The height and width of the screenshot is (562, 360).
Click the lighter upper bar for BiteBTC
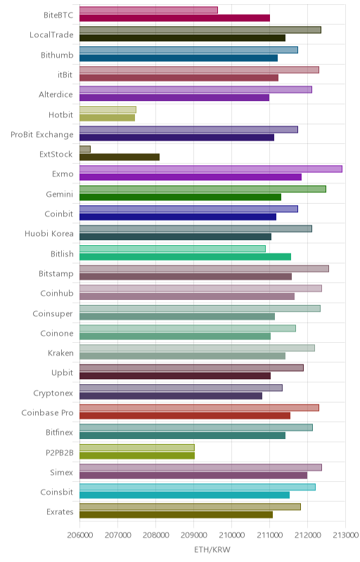[x=148, y=10]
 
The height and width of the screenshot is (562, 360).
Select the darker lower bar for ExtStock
[x=120, y=157]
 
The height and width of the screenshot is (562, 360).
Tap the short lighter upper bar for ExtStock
[x=85, y=149]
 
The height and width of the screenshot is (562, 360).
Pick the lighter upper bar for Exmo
[x=211, y=169]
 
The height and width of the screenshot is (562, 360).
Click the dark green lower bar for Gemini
[x=181, y=197]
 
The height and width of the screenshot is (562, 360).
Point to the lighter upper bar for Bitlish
[x=172, y=249]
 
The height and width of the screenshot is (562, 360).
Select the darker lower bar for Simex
[x=193, y=476]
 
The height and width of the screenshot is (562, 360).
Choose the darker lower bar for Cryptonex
[x=171, y=396]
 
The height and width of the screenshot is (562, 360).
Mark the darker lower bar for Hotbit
[x=107, y=117]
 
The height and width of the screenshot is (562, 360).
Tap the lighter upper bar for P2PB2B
[x=137, y=447]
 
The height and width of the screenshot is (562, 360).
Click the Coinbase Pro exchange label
[x=47, y=412]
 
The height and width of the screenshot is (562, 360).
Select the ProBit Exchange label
[x=42, y=134]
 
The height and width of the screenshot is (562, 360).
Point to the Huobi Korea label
[x=49, y=233]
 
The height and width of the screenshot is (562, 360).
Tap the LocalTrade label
[x=51, y=34]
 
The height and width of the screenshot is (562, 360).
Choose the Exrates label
[x=60, y=511]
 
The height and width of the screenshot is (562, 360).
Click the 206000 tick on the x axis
[x=80, y=535]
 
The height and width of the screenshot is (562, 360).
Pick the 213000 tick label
[x=345, y=535]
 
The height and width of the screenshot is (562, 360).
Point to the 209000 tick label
[x=193, y=535]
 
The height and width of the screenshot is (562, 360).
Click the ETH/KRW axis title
[x=212, y=549]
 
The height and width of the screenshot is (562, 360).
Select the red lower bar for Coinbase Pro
[x=185, y=415]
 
